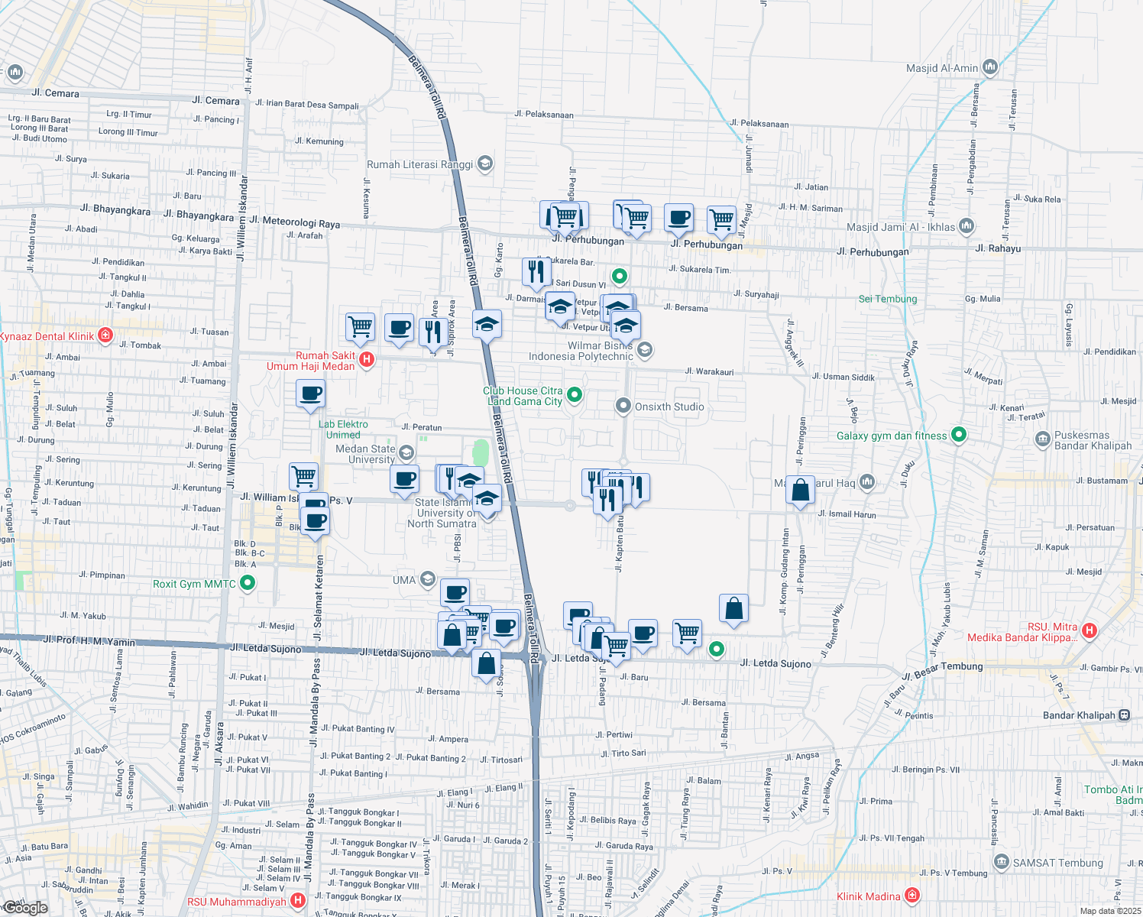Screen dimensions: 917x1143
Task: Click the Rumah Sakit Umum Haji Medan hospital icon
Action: click(367, 359)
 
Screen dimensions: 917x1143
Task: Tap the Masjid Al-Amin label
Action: click(941, 68)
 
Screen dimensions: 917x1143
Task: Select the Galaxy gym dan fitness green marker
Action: click(959, 435)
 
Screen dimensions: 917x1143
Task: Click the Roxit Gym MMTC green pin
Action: click(247, 584)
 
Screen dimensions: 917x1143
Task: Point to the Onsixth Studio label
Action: click(669, 407)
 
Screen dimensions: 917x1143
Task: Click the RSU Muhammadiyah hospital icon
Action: click(298, 902)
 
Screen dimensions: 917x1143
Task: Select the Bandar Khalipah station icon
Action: click(1124, 715)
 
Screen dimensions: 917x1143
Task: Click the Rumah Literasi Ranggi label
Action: click(419, 164)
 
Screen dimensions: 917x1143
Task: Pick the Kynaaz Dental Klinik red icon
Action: click(106, 335)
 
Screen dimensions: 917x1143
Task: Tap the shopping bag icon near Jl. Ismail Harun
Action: click(800, 491)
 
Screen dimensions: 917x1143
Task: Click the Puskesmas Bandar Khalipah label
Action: click(1093, 440)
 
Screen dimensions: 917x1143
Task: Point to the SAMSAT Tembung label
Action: click(1057, 863)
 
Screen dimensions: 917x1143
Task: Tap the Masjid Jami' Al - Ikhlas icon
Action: click(967, 226)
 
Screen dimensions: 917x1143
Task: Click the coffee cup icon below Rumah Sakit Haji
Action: click(310, 394)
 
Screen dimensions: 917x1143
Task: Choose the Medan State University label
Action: click(365, 454)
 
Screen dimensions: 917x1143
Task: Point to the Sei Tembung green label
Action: click(887, 299)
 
